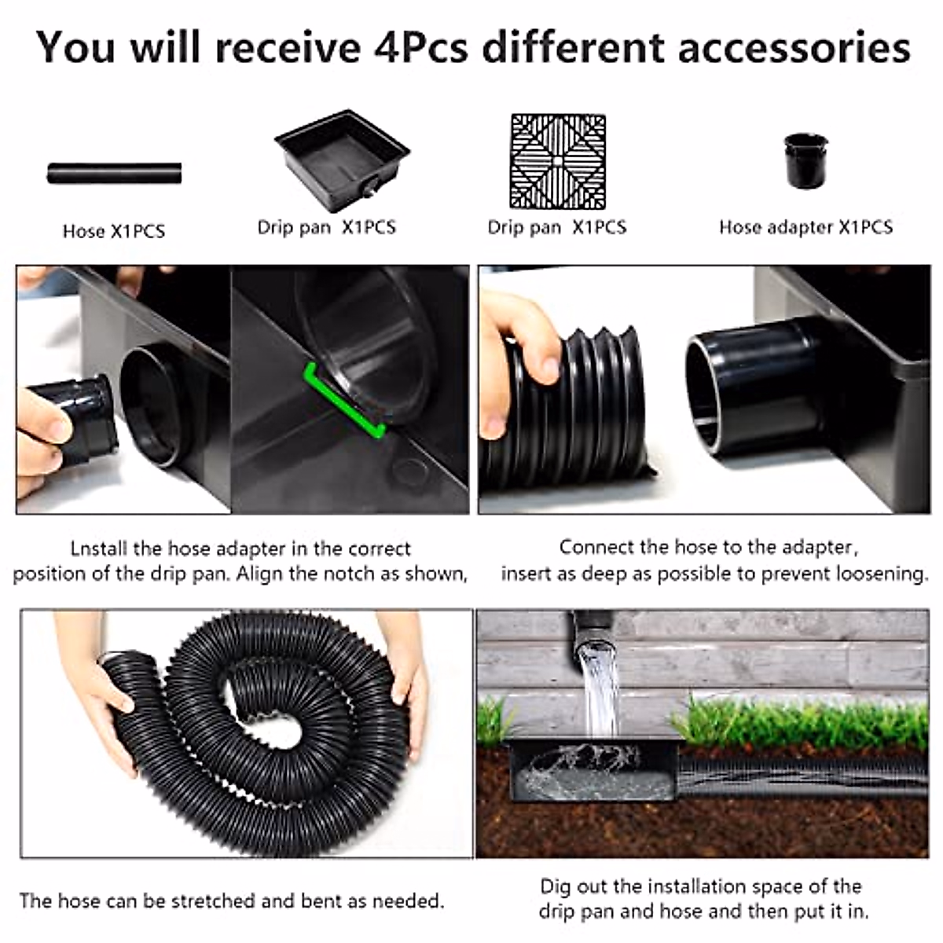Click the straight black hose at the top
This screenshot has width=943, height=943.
tap(114, 173)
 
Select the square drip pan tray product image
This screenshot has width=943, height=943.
tap(342, 157)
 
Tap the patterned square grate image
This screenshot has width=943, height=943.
tap(558, 162)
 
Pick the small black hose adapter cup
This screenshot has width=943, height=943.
tap(805, 161)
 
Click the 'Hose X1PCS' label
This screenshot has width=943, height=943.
tap(114, 231)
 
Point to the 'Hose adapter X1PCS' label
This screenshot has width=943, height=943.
tap(805, 227)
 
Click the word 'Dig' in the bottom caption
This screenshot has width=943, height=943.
tap(555, 886)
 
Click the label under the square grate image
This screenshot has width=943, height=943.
tap(556, 227)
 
